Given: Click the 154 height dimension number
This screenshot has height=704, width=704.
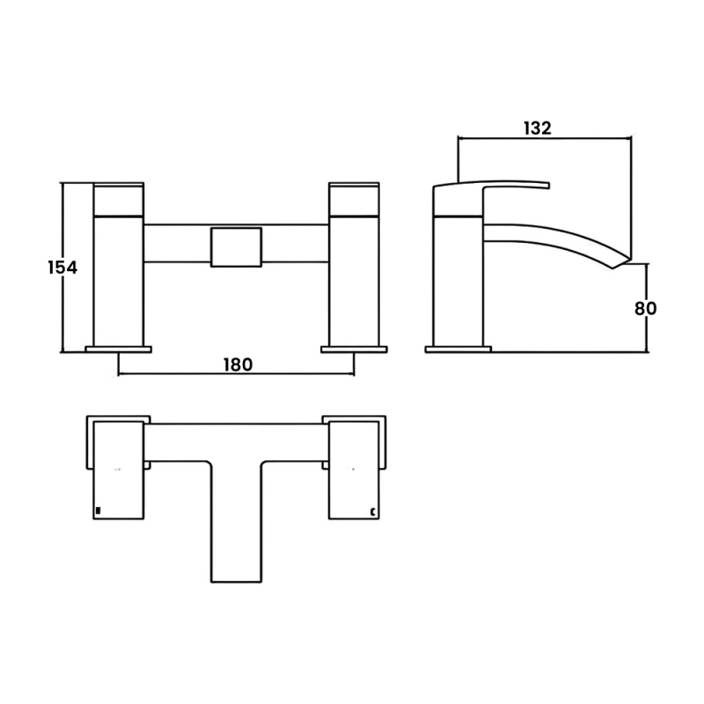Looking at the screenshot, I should [x=62, y=268].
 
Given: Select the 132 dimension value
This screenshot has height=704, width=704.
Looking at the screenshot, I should [x=537, y=128].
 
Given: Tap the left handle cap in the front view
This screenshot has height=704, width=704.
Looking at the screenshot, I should [x=119, y=199].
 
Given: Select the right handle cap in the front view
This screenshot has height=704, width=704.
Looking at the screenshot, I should [x=354, y=199].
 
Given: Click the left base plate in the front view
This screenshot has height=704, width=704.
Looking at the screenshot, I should [x=119, y=349].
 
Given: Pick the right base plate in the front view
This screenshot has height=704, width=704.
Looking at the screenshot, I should [x=354, y=349].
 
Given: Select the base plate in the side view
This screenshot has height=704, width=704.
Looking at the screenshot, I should [x=458, y=349].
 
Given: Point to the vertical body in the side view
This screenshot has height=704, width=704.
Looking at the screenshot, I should [x=458, y=282].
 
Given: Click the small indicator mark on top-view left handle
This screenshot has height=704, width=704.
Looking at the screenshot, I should [x=99, y=510].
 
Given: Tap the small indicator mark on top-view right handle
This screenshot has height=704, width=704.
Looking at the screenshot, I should [x=374, y=510].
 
